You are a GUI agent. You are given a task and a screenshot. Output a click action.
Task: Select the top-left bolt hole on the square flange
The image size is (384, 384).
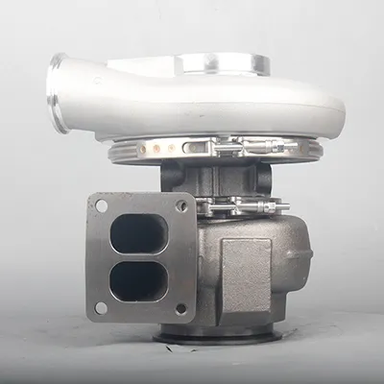point(100,205)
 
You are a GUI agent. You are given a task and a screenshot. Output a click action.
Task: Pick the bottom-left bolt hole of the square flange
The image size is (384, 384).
point(102,309)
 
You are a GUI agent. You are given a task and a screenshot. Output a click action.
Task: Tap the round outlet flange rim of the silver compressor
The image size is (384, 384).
point(57,92)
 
